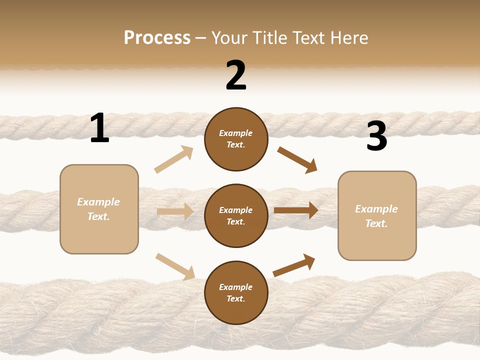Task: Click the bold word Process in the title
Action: point(157,38)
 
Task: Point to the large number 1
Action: point(99,128)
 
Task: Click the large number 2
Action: point(236,75)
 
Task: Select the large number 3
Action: point(376,136)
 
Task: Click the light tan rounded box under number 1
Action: point(99,209)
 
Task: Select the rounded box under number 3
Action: point(377,216)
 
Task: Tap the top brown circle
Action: point(236,139)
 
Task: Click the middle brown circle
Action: point(236,215)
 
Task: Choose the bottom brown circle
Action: point(236,292)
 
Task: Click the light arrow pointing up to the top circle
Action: point(174,159)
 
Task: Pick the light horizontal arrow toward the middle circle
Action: point(175,211)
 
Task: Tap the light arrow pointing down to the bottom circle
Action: point(175,266)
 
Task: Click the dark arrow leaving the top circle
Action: point(297,160)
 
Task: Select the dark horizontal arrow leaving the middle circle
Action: point(296,210)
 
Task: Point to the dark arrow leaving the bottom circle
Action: point(294,265)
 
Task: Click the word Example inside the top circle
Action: point(236,133)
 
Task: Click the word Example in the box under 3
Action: point(376,209)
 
